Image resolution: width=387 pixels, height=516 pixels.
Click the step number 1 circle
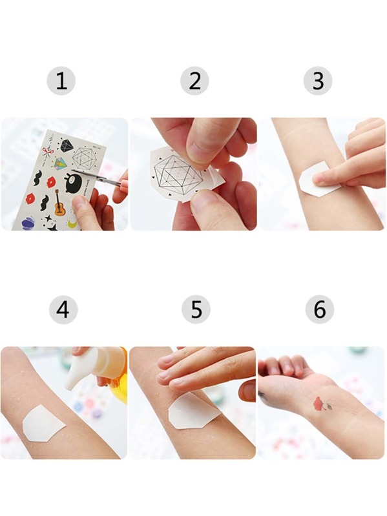61,81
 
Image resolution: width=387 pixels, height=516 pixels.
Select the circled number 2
194,81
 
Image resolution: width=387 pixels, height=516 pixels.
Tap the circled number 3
318,81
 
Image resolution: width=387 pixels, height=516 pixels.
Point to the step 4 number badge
63,309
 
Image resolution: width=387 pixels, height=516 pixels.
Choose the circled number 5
196,309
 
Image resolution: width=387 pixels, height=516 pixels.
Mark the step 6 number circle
320,309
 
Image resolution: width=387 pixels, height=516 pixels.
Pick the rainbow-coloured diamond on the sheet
61,163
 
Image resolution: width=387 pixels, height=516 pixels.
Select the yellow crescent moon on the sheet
72,225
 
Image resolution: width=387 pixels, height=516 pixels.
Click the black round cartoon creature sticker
73,184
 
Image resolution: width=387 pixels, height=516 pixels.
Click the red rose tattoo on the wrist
319,404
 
